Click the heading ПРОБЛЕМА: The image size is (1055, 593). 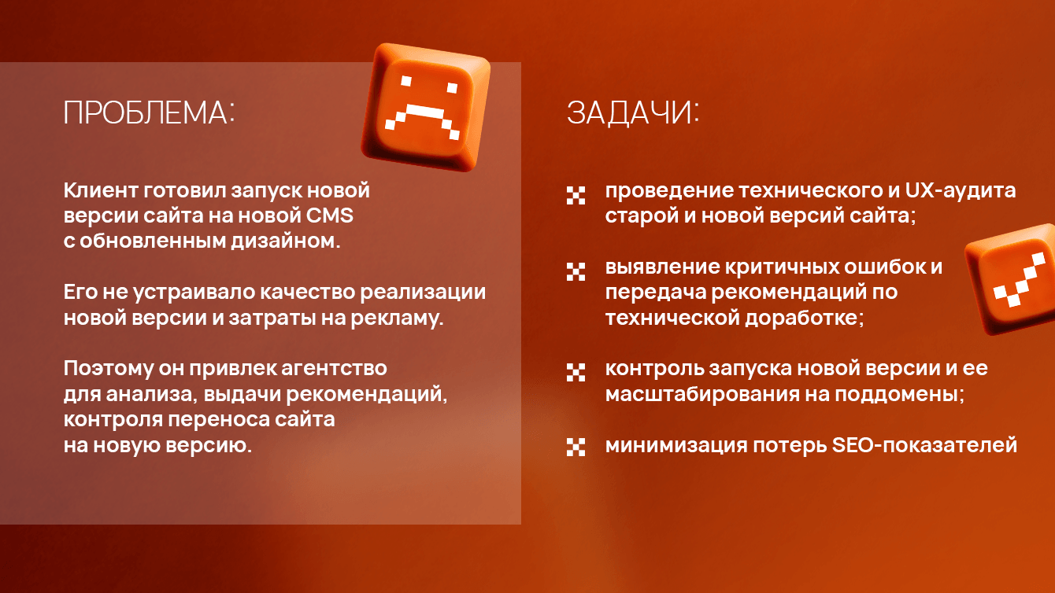(x=150, y=112)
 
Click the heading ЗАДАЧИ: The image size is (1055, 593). (x=633, y=112)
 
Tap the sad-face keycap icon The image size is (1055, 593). (x=426, y=106)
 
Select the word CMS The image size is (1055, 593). (x=330, y=215)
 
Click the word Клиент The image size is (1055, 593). (x=100, y=190)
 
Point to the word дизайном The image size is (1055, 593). (x=286, y=241)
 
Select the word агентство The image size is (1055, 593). (x=334, y=368)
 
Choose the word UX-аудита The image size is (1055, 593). (x=961, y=190)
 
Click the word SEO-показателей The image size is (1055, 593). (x=924, y=445)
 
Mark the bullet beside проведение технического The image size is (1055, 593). (x=576, y=195)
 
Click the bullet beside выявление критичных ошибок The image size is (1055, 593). (x=576, y=271)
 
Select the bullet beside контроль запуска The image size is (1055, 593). (x=576, y=372)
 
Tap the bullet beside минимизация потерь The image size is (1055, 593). (x=576, y=447)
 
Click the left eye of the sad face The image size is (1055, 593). (x=406, y=81)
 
